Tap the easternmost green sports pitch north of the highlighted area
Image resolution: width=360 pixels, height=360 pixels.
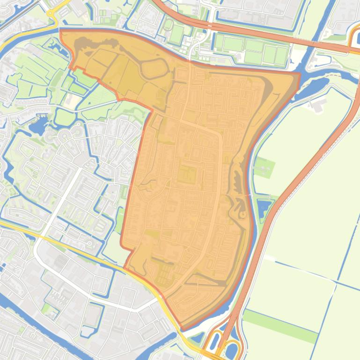pyautogui.click(x=281, y=55)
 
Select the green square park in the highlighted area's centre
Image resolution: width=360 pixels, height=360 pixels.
pyautogui.click(x=187, y=176)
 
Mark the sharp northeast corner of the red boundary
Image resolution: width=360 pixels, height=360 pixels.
pyautogui.click(x=299, y=73)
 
